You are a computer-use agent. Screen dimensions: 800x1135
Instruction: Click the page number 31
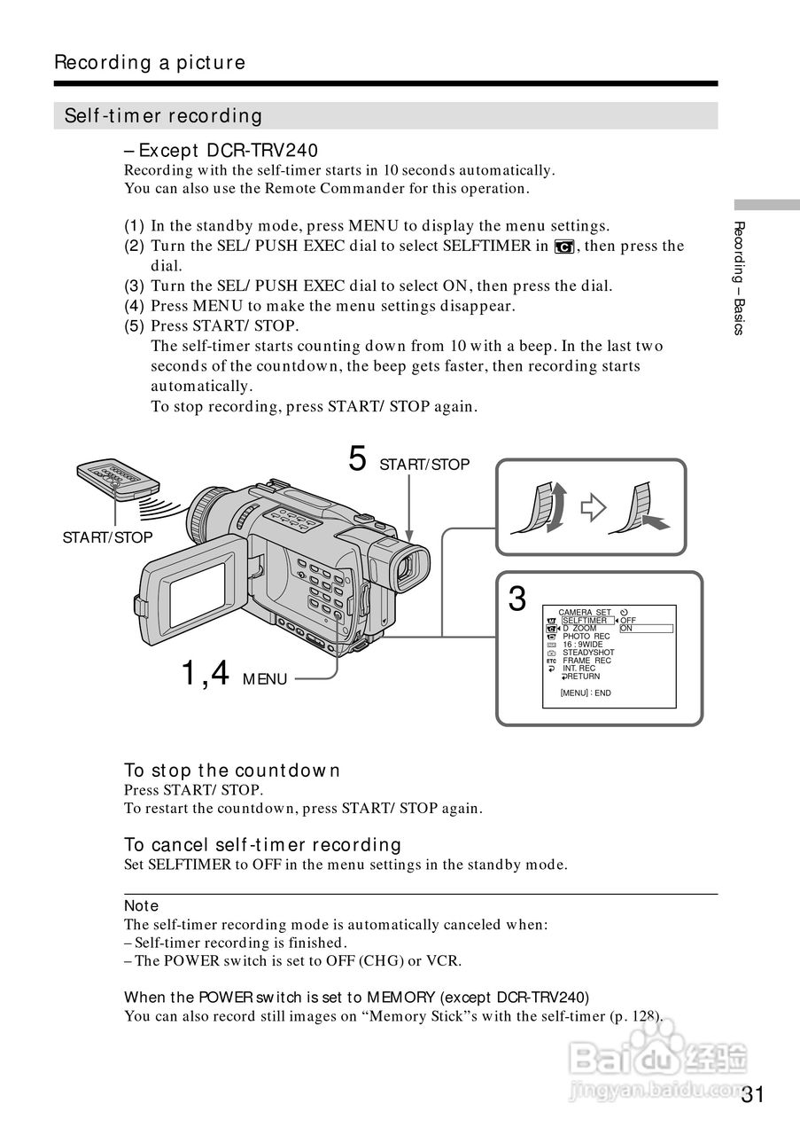(752, 1093)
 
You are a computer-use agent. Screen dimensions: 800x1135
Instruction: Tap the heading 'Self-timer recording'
(164, 116)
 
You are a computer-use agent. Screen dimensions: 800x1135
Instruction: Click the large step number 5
(357, 459)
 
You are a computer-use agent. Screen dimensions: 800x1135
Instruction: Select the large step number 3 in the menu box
(517, 599)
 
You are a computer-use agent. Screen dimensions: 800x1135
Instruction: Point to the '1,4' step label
(205, 674)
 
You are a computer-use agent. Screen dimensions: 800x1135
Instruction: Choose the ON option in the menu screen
(626, 629)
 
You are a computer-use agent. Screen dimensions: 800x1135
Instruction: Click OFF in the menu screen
(628, 621)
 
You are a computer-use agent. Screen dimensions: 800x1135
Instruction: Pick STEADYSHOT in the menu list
(588, 653)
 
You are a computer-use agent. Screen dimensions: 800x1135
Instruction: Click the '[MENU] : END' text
(586, 693)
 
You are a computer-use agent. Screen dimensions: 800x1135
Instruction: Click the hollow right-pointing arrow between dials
(592, 508)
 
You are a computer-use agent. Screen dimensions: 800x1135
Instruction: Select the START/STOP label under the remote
(107, 537)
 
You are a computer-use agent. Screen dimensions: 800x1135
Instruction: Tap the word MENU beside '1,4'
(265, 679)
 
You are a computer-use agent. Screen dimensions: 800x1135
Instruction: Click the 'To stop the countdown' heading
(232, 771)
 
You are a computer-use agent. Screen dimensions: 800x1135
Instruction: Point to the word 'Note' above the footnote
(141, 905)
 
